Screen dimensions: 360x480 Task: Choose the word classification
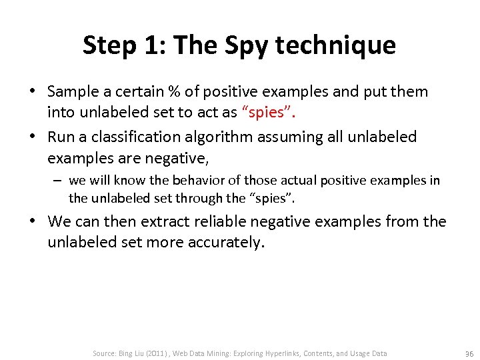pyautogui.click(x=145, y=137)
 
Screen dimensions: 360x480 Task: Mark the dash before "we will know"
pyautogui.click(x=59, y=181)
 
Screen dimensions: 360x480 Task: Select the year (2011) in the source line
pyautogui.click(x=154, y=353)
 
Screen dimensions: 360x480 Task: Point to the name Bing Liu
pyautogui.click(x=129, y=353)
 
